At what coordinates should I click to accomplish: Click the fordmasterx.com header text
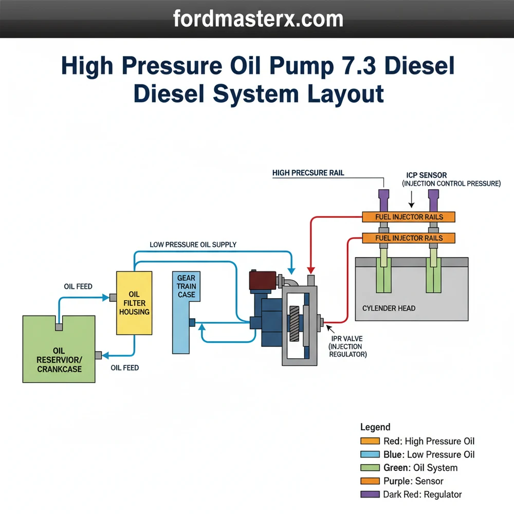(x=258, y=19)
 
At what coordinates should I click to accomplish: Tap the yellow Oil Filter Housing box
(x=134, y=303)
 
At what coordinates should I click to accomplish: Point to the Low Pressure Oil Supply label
(x=193, y=245)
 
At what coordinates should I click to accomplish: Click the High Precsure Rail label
(x=308, y=173)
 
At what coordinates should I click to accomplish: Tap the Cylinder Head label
(x=389, y=308)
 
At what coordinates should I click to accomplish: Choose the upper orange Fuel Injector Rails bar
(x=409, y=217)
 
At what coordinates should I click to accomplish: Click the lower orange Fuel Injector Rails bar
(x=409, y=238)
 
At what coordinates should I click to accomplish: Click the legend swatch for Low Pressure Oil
(x=370, y=454)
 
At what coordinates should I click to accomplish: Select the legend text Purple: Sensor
(x=413, y=481)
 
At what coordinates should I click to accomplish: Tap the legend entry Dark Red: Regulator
(x=423, y=494)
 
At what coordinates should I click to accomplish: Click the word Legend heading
(x=375, y=427)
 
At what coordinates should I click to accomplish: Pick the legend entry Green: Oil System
(x=420, y=468)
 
